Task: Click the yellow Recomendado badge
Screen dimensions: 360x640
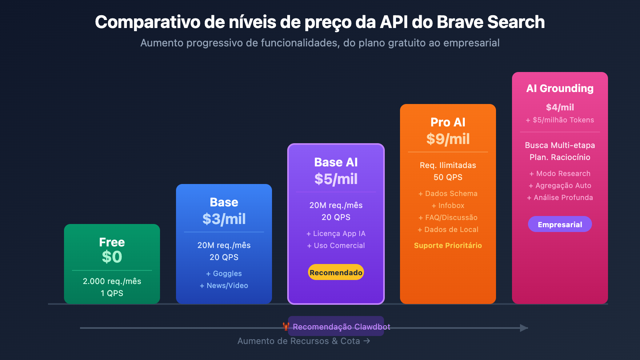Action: [x=336, y=272]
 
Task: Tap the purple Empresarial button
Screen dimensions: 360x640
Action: [x=560, y=224]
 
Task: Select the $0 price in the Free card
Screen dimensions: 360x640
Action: [x=112, y=257]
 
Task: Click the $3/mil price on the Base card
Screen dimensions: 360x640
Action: [x=224, y=219]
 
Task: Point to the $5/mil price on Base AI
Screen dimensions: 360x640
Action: [x=336, y=179]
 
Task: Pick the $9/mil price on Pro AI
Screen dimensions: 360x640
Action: [x=448, y=139]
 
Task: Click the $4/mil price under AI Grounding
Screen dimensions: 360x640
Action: [x=560, y=107]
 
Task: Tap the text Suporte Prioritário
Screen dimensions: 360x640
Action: [x=448, y=246]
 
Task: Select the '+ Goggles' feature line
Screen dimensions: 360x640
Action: [x=224, y=274]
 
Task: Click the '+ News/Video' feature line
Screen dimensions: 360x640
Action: [x=224, y=286]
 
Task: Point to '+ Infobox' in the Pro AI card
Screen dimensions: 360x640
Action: [x=448, y=206]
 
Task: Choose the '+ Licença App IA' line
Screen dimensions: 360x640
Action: [x=336, y=234]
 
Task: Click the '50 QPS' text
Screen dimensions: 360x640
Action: [x=448, y=177]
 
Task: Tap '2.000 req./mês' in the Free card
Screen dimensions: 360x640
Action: [x=112, y=281]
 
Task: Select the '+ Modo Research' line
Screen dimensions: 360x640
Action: [x=560, y=174]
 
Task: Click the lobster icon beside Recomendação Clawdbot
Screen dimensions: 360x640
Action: [x=286, y=326]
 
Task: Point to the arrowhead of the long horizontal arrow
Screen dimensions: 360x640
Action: [x=524, y=328]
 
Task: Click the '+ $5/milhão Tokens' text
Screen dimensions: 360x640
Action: [x=560, y=120]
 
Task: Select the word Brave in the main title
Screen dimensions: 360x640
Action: [x=459, y=22]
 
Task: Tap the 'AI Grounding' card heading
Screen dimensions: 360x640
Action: [x=560, y=88]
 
